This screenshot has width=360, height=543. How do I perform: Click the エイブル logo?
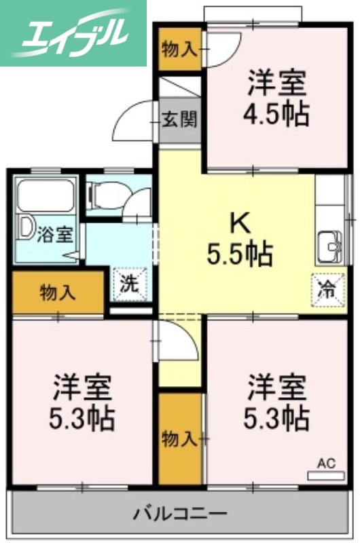[73, 33]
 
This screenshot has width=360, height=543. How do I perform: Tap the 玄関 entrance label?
[180, 121]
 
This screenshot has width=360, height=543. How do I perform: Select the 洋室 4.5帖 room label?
[276, 99]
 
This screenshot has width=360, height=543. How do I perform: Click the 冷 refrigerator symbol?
[326, 287]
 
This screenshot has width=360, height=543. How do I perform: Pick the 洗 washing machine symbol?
[129, 284]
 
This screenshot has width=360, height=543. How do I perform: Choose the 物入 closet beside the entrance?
[180, 50]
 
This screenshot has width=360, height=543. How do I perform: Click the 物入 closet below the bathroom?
[57, 293]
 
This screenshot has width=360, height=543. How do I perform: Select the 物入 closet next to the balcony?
[180, 438]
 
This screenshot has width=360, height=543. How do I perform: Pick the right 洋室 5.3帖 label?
[276, 402]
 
